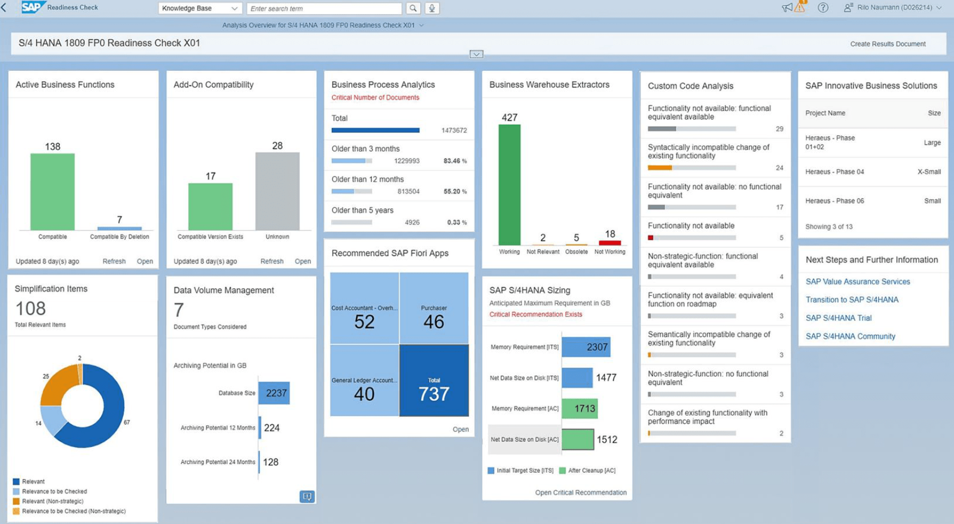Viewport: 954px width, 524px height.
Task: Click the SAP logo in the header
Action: [x=33, y=7]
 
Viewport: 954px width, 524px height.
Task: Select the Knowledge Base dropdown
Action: [x=200, y=8]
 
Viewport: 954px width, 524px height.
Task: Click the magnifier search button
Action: [x=413, y=8]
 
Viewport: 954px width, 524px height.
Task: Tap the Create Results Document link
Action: [x=888, y=44]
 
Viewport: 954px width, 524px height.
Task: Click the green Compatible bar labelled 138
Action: [x=52, y=191]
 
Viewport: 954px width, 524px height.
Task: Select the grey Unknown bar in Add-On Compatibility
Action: [x=277, y=191]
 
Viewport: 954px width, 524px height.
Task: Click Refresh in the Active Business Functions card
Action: [x=114, y=261]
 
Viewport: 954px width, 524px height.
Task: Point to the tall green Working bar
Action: [x=509, y=185]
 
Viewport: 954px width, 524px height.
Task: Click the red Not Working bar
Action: [x=609, y=242]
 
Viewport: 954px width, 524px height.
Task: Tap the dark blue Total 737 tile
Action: [x=434, y=380]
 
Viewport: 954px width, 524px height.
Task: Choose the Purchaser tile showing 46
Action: [x=434, y=308]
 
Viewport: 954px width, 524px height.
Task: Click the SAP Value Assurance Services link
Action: [x=858, y=282]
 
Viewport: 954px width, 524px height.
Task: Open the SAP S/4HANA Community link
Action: [x=850, y=336]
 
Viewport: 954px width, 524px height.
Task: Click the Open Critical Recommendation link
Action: [x=580, y=492]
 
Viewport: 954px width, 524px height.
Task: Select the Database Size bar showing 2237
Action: [x=274, y=393]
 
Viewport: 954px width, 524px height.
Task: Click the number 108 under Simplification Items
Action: [x=30, y=309]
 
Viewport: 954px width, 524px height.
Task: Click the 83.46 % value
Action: [x=455, y=161]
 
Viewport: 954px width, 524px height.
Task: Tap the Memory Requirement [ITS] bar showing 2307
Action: [x=586, y=347]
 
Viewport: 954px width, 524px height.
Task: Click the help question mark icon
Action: [x=823, y=8]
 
